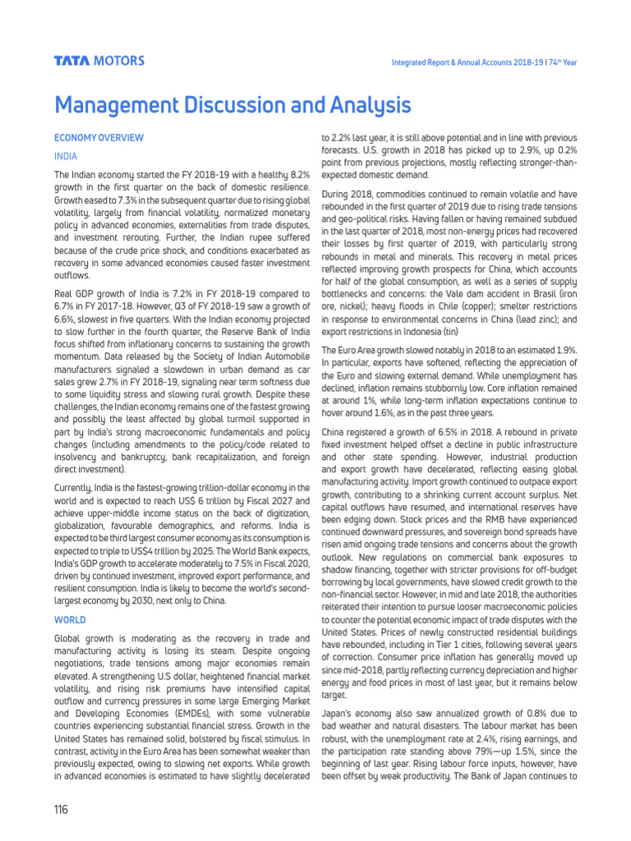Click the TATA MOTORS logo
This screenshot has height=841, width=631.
(99, 61)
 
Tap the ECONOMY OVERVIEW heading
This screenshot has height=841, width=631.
(99, 138)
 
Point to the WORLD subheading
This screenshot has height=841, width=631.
(70, 620)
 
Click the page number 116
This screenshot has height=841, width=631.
(61, 810)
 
